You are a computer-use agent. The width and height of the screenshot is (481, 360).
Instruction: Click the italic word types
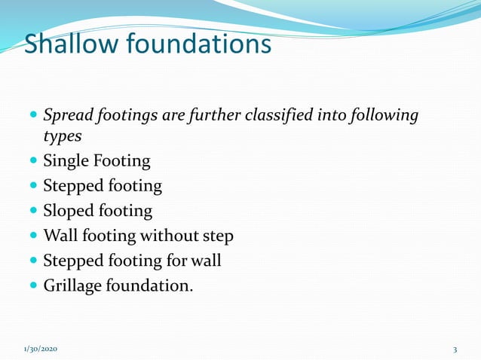pos(60,137)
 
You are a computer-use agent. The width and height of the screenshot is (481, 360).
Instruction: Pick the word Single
pos(66,161)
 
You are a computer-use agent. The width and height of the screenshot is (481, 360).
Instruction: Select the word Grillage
pos(72,285)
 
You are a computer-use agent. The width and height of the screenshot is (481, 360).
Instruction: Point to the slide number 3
pos(455,349)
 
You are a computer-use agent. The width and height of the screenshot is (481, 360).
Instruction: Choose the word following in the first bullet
pos(387,116)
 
